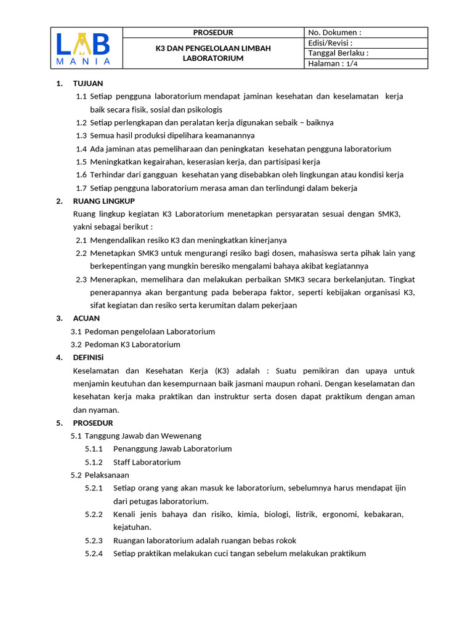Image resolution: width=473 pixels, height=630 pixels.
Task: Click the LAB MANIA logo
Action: [83, 49]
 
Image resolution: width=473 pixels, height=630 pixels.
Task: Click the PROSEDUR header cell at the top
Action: [213, 33]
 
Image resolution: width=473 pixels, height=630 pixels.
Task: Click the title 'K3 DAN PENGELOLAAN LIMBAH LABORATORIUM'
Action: [213, 53]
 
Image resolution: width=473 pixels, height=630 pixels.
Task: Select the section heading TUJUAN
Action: [88, 83]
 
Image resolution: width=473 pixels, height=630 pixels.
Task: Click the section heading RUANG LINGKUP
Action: [103, 201]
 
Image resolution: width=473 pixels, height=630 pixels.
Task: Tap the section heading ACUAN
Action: [86, 318]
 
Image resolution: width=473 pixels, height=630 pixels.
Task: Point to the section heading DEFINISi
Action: [89, 357]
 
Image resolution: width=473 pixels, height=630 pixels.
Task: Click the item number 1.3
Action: [81, 135]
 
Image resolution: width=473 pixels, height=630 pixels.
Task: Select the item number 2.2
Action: [81, 253]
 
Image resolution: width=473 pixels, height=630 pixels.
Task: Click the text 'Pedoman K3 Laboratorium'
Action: [132, 345]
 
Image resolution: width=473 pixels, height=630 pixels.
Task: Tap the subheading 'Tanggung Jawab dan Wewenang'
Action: [143, 436]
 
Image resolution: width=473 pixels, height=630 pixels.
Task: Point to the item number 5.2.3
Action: [94, 540]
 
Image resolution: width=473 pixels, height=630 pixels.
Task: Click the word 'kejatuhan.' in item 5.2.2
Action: [132, 527]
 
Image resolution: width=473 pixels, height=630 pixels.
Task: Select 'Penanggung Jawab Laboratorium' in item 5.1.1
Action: [172, 449]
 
